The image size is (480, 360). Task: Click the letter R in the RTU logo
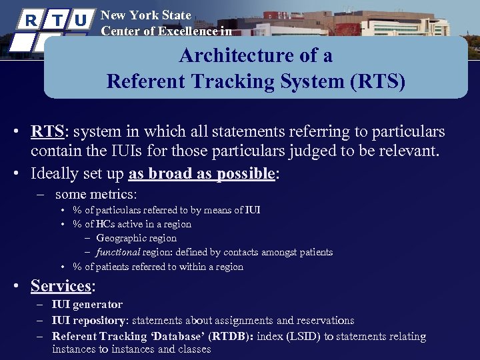point(30,19)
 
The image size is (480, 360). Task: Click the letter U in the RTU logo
point(80,19)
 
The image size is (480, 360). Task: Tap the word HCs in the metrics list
point(107,224)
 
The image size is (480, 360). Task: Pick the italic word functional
point(117,252)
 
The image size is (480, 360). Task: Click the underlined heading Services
point(61,286)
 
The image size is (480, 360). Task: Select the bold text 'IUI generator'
point(87,305)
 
